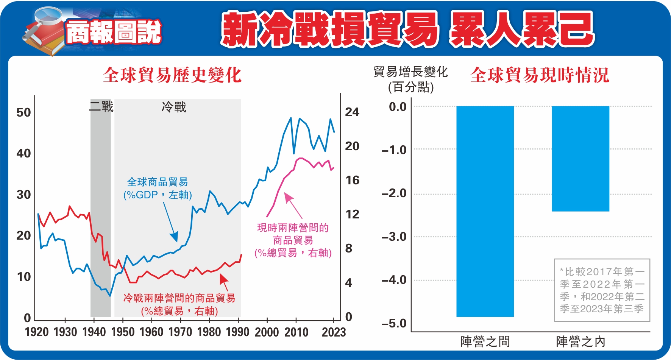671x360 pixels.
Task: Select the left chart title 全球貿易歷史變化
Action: [x=172, y=75]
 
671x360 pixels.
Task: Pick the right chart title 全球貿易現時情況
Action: [x=540, y=75]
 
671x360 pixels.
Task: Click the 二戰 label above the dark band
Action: [x=101, y=106]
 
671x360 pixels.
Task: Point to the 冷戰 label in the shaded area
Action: [x=174, y=107]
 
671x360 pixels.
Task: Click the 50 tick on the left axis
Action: [x=23, y=112]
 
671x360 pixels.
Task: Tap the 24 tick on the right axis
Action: [x=352, y=112]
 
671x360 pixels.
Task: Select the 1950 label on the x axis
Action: [x=123, y=332]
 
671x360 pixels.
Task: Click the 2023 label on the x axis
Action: [x=334, y=332]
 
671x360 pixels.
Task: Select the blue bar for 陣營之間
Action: [x=485, y=211]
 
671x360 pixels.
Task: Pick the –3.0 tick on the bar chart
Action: [x=394, y=237]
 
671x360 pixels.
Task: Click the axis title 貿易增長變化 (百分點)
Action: [x=410, y=79]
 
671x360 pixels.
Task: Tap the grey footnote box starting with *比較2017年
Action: [x=602, y=290]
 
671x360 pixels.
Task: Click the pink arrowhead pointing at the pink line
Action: [x=288, y=197]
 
